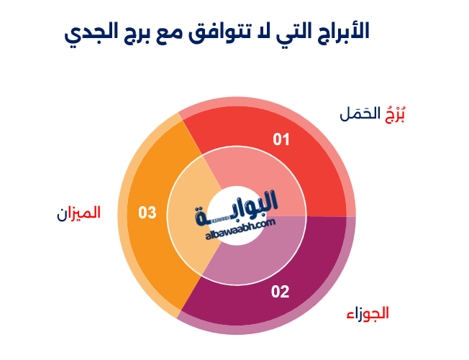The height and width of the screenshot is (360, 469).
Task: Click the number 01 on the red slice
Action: click(281, 139)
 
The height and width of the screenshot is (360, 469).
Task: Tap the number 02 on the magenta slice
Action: click(280, 292)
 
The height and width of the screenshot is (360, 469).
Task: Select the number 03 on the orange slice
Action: click(147, 213)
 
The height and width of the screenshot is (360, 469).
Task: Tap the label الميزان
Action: click(79, 213)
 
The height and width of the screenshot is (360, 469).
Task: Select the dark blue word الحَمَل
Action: click(359, 114)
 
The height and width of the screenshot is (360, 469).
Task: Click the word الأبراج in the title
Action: click(342, 31)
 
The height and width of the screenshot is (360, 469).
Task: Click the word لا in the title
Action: click(263, 31)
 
